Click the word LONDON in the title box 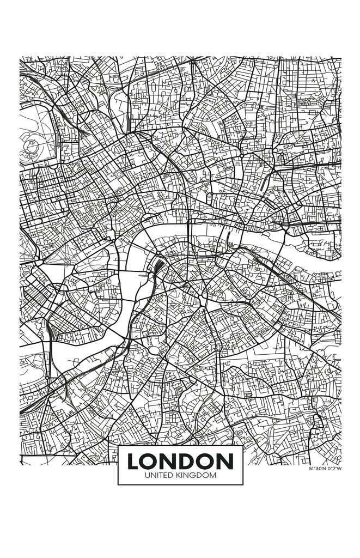click(180, 462)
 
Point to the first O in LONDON click(151, 462)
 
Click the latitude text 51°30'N click(317, 469)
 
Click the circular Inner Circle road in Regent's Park click(31, 144)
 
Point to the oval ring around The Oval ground click(154, 350)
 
